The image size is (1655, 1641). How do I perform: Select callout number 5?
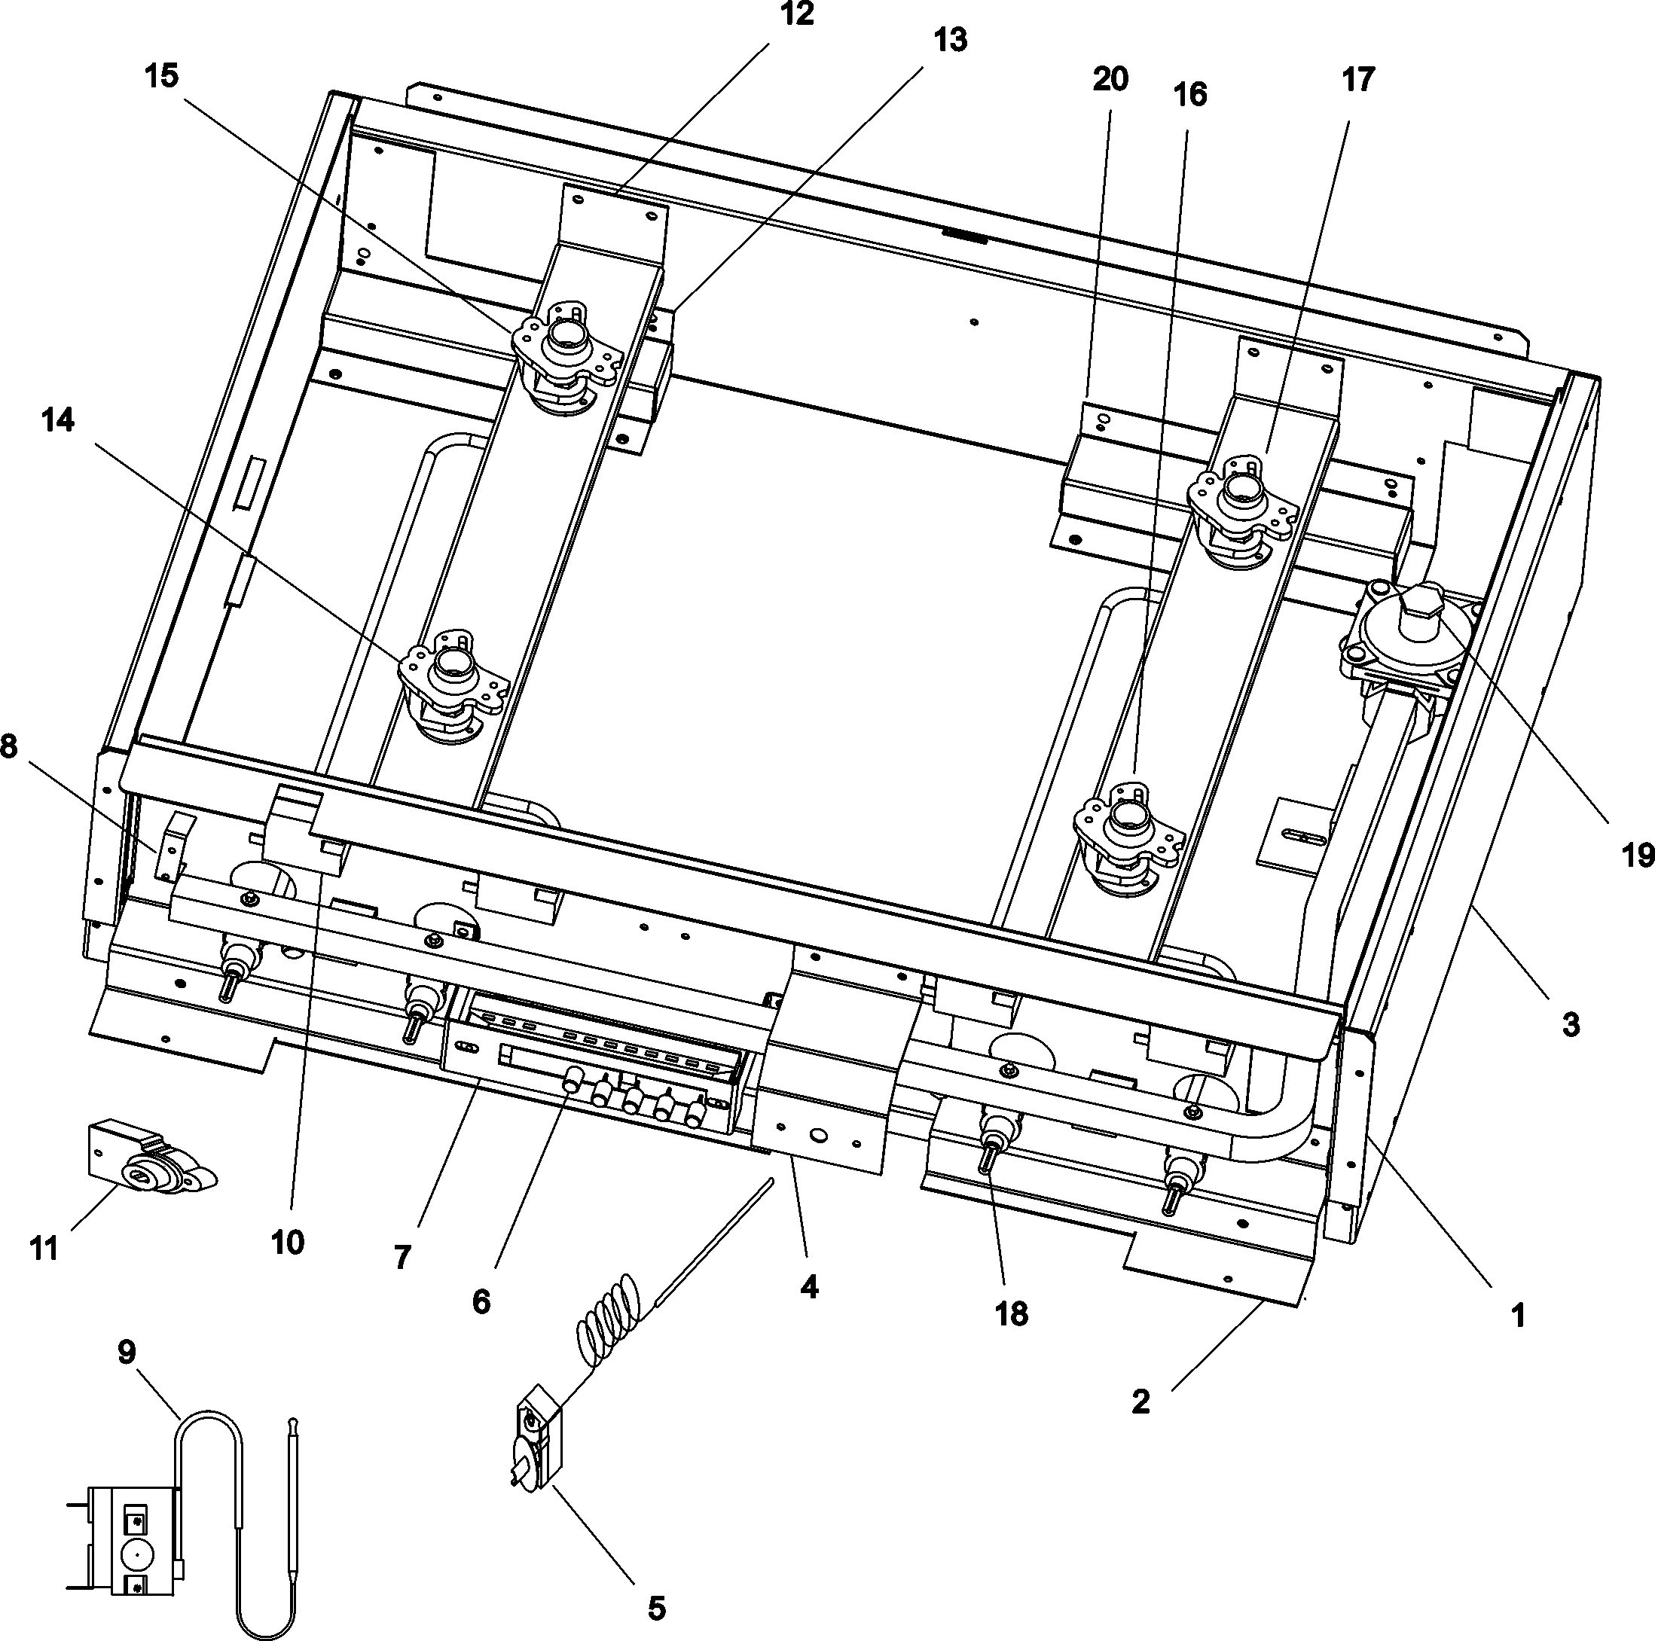[x=655, y=1608]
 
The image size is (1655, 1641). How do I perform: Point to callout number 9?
[x=126, y=1353]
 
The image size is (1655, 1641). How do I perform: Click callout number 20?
[x=1110, y=79]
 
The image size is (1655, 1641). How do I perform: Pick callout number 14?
[x=57, y=420]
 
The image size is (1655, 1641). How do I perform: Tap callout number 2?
[x=1140, y=1402]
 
